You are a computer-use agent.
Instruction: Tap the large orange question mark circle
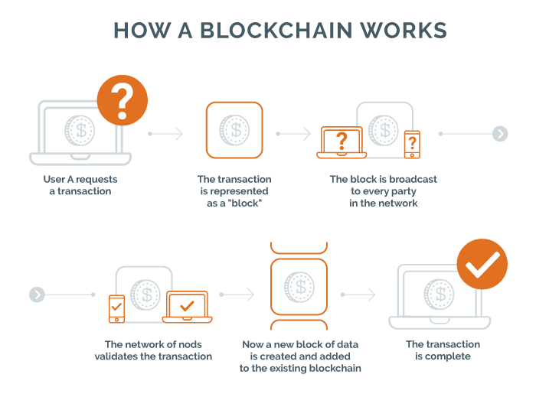point(122,100)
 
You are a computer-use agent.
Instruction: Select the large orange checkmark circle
point(482,265)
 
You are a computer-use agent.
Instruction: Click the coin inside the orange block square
point(234,129)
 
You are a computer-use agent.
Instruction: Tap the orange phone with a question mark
point(412,143)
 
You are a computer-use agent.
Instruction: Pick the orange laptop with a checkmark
point(186,308)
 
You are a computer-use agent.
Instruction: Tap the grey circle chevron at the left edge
point(36,294)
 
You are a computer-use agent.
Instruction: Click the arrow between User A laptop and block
point(166,134)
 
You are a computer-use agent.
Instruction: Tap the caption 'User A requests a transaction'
point(80,185)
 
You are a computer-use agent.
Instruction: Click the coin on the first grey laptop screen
point(78,129)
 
